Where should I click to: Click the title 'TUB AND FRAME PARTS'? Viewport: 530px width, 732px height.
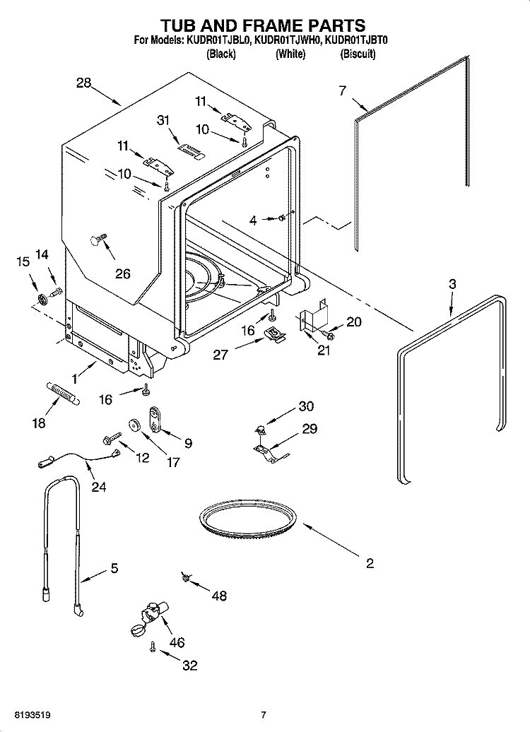pyautogui.click(x=264, y=26)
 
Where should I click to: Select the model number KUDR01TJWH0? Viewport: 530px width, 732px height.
pyautogui.click(x=286, y=42)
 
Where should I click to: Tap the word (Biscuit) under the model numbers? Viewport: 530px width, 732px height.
pyautogui.click(x=358, y=54)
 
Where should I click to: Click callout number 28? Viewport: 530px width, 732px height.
pyautogui.click(x=83, y=83)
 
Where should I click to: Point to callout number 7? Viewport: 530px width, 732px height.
pyautogui.click(x=342, y=90)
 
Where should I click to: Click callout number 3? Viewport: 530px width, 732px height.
pyautogui.click(x=452, y=284)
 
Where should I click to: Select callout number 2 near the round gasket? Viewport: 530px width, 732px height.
pyautogui.click(x=369, y=563)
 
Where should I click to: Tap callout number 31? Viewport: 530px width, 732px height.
pyautogui.click(x=163, y=121)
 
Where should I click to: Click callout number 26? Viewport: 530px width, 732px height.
pyautogui.click(x=123, y=273)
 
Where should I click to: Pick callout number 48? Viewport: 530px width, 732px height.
pyautogui.click(x=219, y=596)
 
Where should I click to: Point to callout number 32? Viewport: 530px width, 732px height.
pyautogui.click(x=189, y=665)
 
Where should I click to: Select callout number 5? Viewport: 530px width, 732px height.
pyautogui.click(x=114, y=567)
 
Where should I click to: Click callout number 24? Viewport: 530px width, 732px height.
pyautogui.click(x=98, y=486)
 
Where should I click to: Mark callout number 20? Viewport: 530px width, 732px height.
pyautogui.click(x=353, y=322)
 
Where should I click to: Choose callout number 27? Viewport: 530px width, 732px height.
pyautogui.click(x=220, y=353)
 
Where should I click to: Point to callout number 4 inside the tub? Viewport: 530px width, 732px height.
pyautogui.click(x=253, y=220)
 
